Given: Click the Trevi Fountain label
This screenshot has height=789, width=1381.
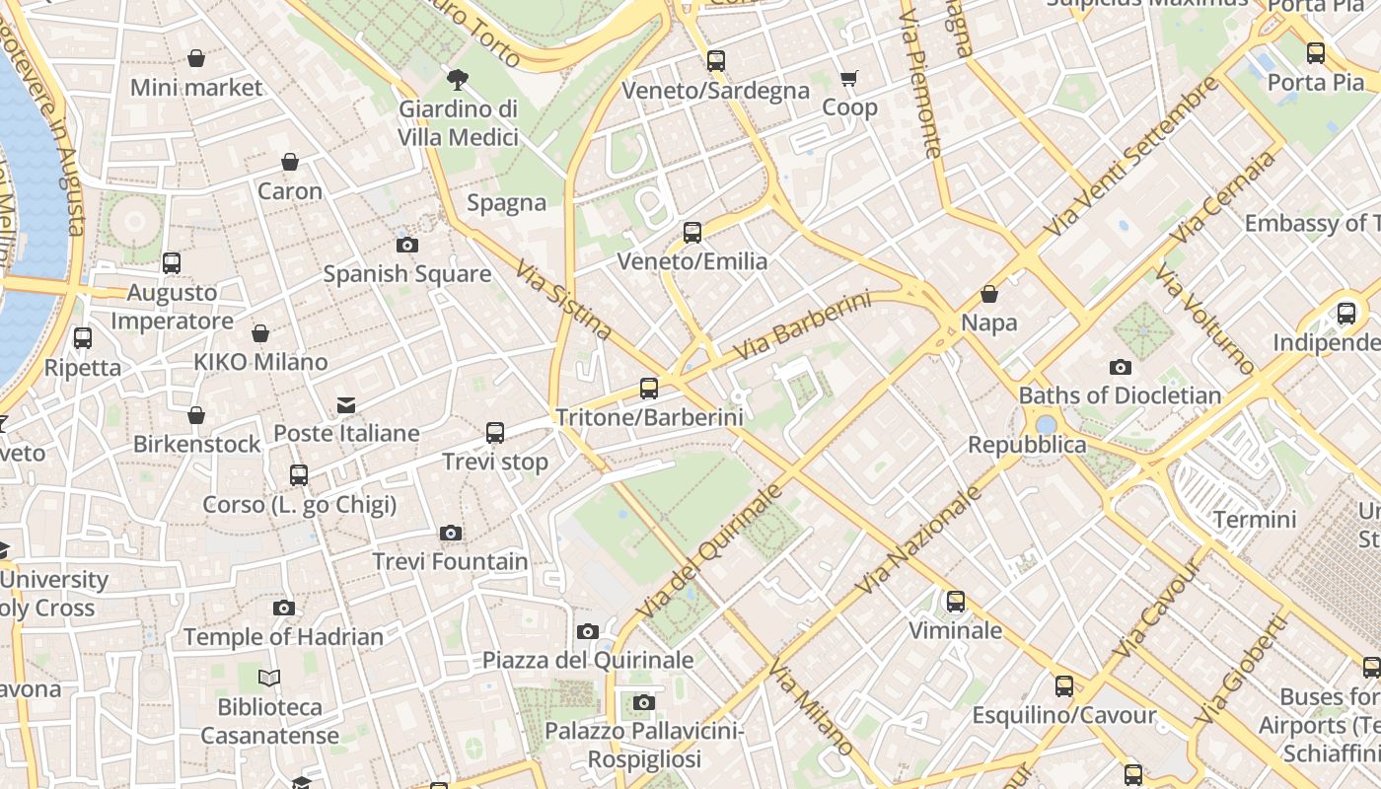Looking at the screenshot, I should click(x=450, y=561).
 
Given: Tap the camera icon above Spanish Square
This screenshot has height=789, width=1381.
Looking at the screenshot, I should click(x=406, y=245).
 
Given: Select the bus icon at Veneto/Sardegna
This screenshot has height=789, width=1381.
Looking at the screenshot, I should click(x=716, y=60).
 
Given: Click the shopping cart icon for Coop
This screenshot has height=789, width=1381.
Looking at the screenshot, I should click(x=848, y=78).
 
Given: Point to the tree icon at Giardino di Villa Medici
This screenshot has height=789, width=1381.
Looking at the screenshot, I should click(x=457, y=78).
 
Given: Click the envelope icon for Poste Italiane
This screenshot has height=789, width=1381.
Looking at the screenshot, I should click(x=345, y=404).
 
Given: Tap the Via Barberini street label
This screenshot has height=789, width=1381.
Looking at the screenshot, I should click(x=803, y=325).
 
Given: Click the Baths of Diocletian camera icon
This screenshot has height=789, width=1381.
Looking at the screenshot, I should click(x=1120, y=367).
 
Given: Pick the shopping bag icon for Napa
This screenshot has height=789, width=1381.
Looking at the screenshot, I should click(x=988, y=294).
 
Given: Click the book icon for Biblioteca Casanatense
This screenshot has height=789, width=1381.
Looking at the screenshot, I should click(x=269, y=678).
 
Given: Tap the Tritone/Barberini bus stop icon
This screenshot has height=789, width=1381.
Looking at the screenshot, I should click(x=648, y=389).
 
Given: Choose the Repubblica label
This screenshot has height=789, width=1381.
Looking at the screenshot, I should click(x=1027, y=445).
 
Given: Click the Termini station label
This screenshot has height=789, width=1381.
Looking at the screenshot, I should click(x=1255, y=519).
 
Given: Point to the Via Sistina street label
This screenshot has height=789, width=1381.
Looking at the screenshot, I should click(x=563, y=300).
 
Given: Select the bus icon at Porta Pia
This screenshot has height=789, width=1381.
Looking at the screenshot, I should click(x=1315, y=53).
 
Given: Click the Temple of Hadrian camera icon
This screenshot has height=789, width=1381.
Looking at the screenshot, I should click(x=283, y=608).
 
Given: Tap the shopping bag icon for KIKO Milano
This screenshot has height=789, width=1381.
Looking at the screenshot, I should click(x=260, y=333).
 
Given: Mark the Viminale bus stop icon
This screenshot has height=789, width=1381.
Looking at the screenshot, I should click(x=955, y=601).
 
